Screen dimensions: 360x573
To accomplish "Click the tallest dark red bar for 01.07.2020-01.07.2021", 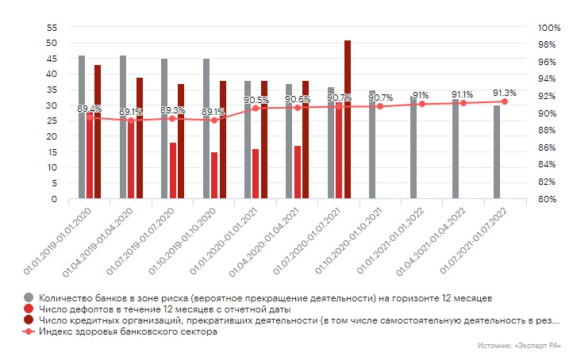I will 348,119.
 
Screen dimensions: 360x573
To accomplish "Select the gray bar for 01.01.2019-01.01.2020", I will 82,127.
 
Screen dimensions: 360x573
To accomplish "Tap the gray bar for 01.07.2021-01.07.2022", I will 497,151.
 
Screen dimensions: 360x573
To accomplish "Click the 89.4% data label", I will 89,109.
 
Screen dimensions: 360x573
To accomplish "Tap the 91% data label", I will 421,95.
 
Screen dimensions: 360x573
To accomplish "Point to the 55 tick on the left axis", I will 52,28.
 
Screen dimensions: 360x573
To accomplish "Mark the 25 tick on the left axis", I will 52,121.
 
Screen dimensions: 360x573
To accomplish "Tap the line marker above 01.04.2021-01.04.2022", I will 463,103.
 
